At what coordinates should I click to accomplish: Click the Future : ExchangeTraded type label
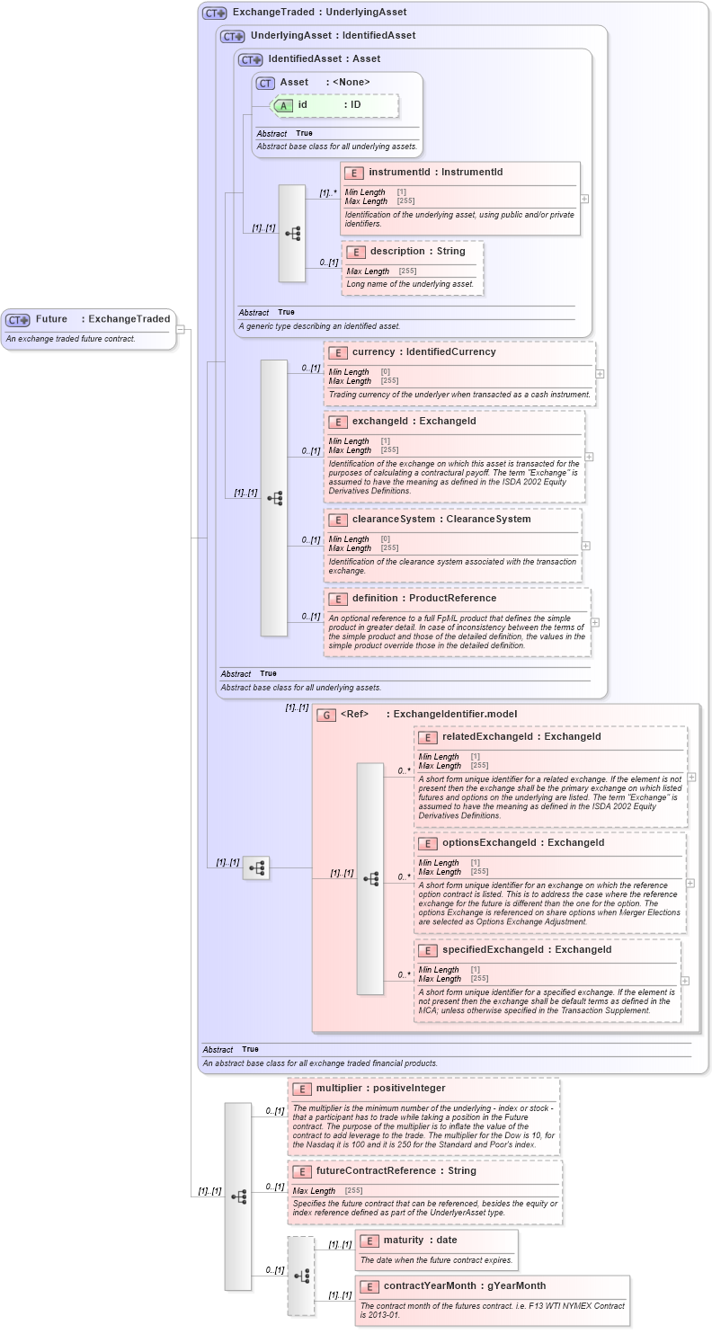(x=102, y=319)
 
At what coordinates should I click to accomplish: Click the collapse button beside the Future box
(x=181, y=329)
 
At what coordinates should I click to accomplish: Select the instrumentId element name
(x=435, y=173)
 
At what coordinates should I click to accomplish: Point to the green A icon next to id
(x=283, y=105)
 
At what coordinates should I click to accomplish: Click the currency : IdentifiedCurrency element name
(x=423, y=352)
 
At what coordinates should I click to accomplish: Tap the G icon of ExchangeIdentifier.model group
(x=326, y=715)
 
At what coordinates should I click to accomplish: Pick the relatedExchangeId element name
(x=521, y=737)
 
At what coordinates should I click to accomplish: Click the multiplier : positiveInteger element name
(x=380, y=1089)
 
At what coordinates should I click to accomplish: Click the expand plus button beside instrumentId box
(x=584, y=199)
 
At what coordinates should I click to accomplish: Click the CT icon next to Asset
(x=265, y=83)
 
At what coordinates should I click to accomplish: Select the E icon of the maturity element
(x=369, y=1241)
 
